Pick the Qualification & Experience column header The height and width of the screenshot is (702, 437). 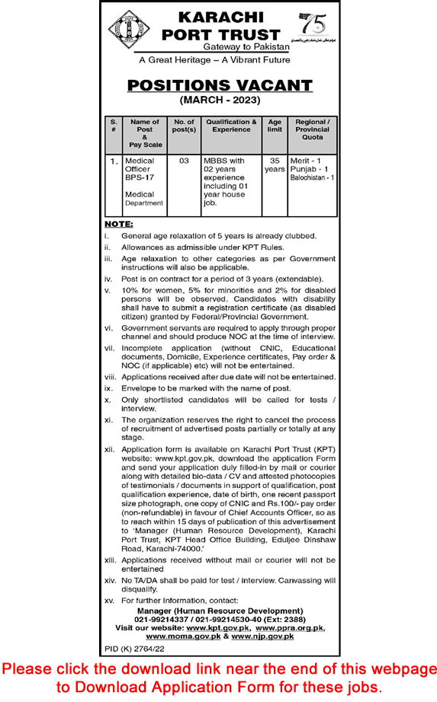(x=231, y=126)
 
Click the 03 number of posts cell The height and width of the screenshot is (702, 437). (x=184, y=161)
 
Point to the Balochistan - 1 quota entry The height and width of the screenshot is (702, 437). (x=312, y=177)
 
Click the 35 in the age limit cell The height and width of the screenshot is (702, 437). (x=275, y=161)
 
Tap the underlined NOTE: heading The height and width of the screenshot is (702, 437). (x=118, y=224)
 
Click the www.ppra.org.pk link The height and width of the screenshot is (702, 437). (x=291, y=606)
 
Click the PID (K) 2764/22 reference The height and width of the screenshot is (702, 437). (x=134, y=627)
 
